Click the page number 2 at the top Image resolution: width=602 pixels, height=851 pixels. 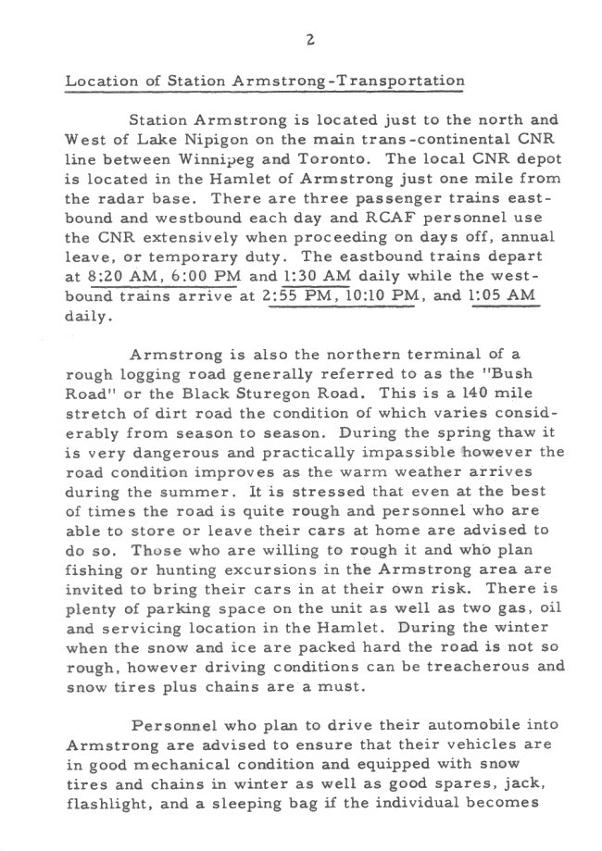click(310, 39)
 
